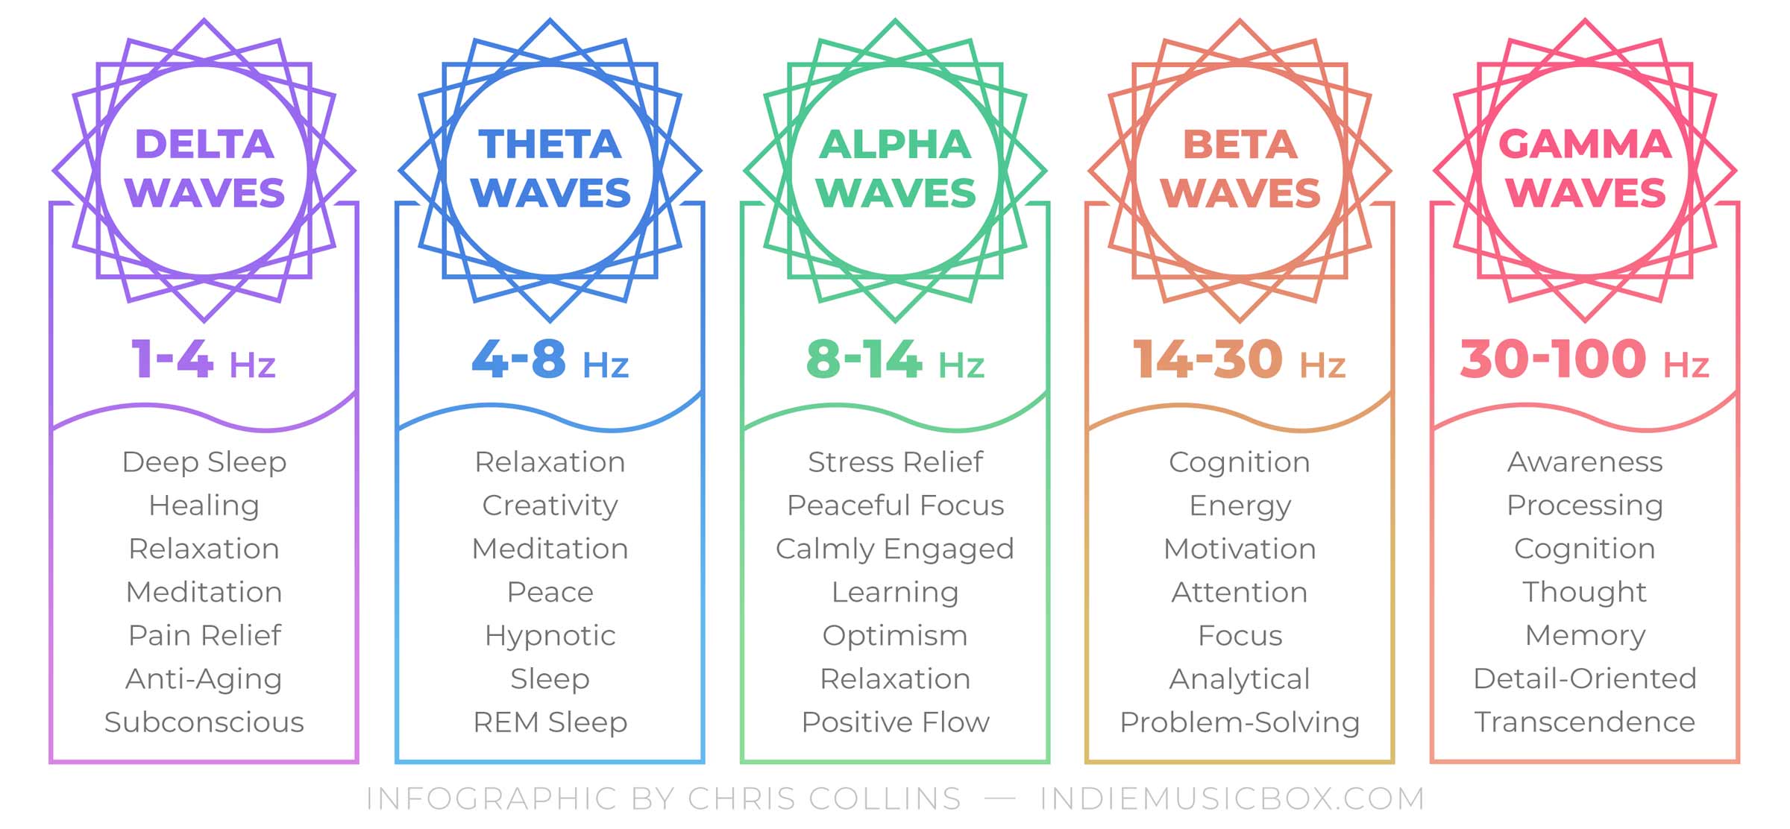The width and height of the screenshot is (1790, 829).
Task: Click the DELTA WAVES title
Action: [x=204, y=168]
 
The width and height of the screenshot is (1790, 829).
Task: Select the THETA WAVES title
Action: [x=550, y=168]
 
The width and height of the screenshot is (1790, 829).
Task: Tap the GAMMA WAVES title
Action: [x=1585, y=168]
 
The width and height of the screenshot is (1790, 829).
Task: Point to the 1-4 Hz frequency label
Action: [x=204, y=359]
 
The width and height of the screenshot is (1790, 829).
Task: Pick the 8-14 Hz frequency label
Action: [x=895, y=359]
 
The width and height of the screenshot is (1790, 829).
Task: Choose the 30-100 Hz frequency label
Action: [x=1585, y=359]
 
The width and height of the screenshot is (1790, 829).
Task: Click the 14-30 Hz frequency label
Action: [x=1240, y=359]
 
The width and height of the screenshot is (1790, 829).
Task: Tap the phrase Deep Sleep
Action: [x=204, y=463]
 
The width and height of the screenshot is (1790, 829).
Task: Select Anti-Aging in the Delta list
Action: [x=204, y=680]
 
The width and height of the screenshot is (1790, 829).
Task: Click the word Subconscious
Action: [x=204, y=722]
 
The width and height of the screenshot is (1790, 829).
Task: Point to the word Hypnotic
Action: [x=550, y=636]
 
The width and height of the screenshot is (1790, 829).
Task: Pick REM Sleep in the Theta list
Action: [x=550, y=723]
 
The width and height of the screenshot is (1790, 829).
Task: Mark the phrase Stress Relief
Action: [x=895, y=462]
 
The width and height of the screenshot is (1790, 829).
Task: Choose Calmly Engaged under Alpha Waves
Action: [x=895, y=549]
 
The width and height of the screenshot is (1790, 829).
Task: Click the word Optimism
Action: [x=895, y=636]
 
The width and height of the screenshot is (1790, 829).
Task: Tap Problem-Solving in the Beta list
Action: [x=1240, y=723]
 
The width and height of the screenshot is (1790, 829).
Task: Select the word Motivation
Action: [x=1240, y=549]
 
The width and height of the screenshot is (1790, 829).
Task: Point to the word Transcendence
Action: [x=1585, y=722]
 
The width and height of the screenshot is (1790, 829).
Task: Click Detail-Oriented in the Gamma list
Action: [x=1585, y=678]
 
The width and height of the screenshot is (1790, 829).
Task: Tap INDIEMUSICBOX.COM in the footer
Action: [x=1232, y=798]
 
